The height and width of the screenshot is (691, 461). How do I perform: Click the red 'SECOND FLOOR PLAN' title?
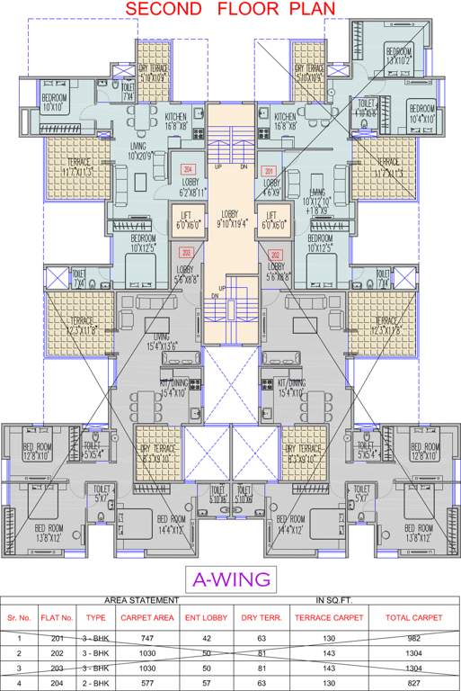coord(231,10)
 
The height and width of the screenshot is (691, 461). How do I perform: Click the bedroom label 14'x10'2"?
coord(400,57)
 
